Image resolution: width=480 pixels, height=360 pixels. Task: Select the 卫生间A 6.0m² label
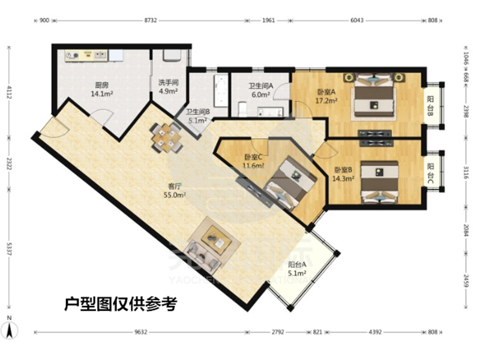point(261,90)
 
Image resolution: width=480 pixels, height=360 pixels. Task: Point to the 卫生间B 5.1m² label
point(197,116)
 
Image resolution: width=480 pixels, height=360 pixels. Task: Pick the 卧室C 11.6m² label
point(253,161)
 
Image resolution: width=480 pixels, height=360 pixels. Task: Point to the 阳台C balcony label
point(431,170)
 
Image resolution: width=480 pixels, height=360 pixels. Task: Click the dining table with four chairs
point(166,136)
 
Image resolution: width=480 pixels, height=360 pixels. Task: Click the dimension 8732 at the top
point(150,20)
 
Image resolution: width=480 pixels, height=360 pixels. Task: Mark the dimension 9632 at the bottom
point(140,331)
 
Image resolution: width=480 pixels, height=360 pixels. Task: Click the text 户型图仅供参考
point(120,304)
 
